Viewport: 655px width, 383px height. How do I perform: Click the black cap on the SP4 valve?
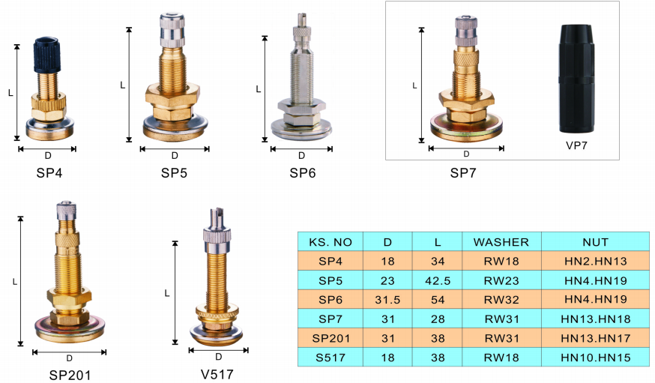coord(47,55)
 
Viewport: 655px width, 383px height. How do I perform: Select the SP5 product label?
coord(174,173)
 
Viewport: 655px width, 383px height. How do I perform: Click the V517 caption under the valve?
coord(217,374)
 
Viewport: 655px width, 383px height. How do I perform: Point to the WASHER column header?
coord(501,242)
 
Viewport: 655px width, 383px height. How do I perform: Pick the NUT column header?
coord(595,242)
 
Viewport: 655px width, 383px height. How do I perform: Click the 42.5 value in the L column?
coord(438,280)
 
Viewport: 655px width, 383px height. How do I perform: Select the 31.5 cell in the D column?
coord(387,300)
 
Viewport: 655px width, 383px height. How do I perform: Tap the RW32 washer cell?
coord(501,300)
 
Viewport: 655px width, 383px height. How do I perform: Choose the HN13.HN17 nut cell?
coord(595,338)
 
